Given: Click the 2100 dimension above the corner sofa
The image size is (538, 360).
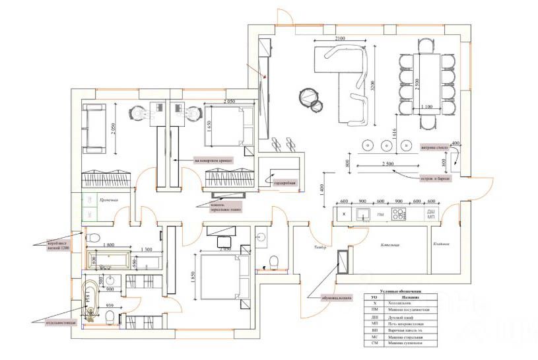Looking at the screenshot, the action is click(339, 40).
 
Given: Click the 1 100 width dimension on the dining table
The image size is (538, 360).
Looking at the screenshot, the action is click(425, 106).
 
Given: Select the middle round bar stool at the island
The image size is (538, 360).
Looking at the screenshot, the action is click(384, 144).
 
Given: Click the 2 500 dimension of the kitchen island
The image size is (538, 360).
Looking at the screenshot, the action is click(387, 163).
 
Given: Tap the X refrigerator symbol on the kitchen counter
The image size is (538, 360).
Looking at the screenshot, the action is click(344, 214).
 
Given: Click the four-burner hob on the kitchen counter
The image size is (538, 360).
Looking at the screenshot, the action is click(400, 213).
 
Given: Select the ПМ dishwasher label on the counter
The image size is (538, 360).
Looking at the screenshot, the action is click(380, 215).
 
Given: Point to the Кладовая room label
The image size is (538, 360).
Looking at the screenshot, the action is click(441, 244).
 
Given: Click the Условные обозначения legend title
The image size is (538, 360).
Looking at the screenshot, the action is click(401, 291).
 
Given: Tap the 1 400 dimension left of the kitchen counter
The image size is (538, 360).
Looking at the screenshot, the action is click(323, 189).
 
